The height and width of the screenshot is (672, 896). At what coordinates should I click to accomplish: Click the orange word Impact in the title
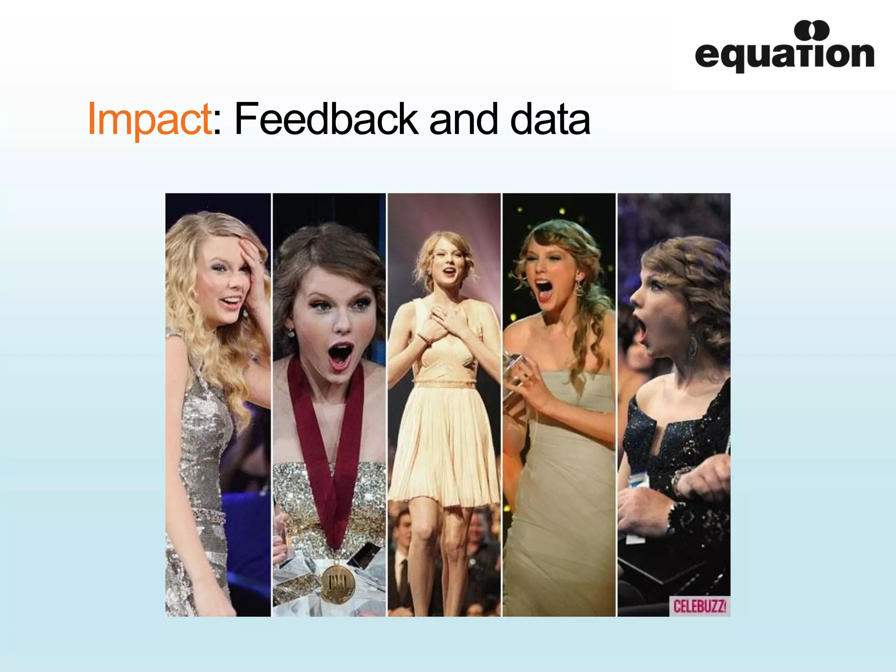(150, 119)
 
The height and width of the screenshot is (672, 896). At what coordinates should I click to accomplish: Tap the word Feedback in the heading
(326, 119)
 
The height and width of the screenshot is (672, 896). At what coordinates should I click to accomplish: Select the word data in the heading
(550, 119)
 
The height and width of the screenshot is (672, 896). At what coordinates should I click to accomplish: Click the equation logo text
(784, 56)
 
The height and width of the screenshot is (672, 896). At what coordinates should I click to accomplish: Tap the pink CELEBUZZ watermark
(699, 606)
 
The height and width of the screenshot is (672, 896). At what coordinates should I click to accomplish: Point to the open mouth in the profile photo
(641, 330)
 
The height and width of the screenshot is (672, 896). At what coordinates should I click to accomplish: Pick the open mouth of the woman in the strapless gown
(544, 290)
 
